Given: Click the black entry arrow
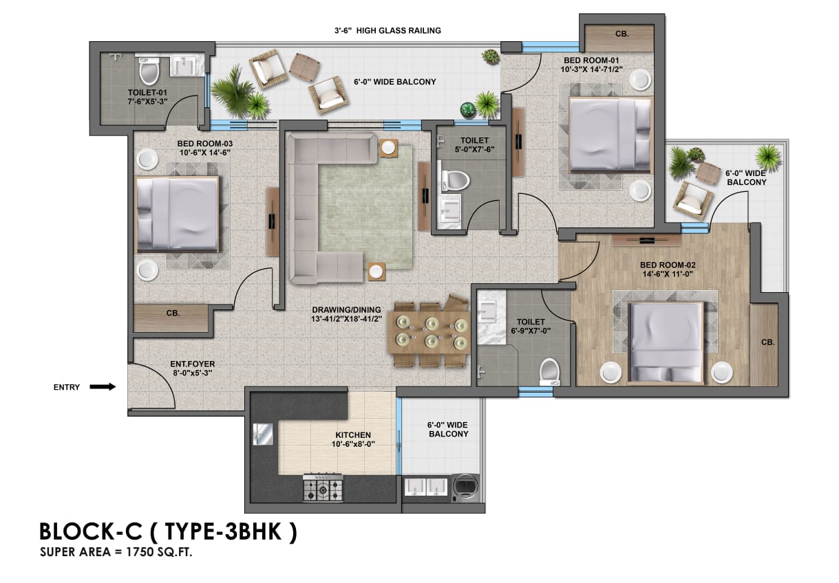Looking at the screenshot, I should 103,387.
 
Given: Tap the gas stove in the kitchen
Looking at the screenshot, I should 323,487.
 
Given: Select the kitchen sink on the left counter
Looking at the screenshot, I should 264,434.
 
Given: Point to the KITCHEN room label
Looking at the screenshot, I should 353,439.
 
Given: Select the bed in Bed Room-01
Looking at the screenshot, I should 610,133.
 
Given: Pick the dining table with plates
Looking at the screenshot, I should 430,331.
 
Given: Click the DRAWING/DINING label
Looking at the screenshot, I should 346,314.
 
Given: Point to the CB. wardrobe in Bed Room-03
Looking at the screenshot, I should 171,318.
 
